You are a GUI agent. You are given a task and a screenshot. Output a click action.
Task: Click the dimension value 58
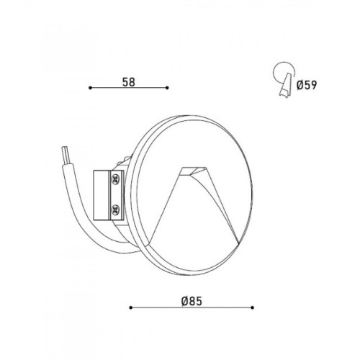click(129, 82)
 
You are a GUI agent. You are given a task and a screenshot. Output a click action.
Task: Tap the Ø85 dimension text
click(192, 302)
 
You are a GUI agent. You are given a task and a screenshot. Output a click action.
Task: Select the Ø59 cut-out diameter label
click(307, 85)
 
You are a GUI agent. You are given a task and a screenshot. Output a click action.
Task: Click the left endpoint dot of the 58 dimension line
click(90, 88)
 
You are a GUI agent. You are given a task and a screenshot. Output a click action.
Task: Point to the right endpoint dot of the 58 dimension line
click(167, 88)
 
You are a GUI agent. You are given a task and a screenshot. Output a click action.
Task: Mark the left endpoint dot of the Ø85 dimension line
click(131, 307)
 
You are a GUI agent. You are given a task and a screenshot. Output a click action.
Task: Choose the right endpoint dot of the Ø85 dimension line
click(252, 307)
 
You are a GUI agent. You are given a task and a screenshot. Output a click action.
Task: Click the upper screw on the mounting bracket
click(116, 179)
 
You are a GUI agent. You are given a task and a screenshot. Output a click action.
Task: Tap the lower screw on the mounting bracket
click(116, 210)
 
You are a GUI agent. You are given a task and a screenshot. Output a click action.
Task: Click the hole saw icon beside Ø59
click(284, 78)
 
